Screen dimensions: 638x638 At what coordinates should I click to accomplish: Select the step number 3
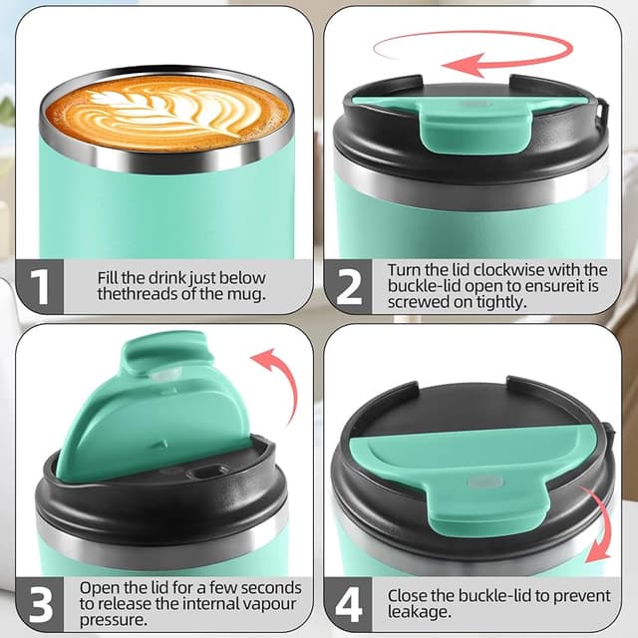point(37,604)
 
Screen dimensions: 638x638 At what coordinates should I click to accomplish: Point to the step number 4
point(349,604)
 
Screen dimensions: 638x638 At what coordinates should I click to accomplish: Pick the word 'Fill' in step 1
point(111,277)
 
